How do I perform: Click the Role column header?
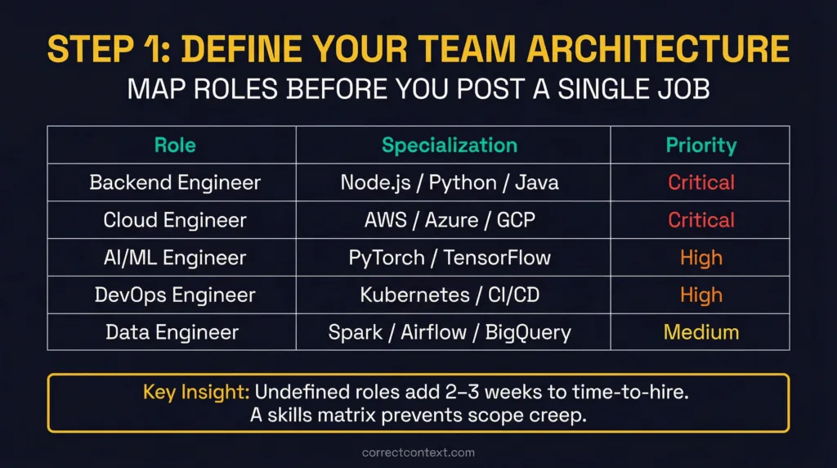pos(175,146)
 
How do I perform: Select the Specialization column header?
pos(450,146)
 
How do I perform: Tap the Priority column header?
pos(700,146)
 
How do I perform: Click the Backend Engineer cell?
pos(175,182)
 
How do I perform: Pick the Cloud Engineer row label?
pos(175,220)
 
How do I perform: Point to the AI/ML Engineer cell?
pos(175,258)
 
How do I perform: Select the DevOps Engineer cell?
pos(175,295)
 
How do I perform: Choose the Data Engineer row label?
pos(172,332)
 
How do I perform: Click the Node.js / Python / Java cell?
pos(450,182)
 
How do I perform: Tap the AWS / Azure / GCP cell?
pos(450,220)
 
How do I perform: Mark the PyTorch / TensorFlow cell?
pos(450,258)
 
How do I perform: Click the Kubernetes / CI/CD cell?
pos(450,295)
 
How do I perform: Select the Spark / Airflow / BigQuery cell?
pos(450,332)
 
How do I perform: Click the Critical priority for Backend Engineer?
pos(700,182)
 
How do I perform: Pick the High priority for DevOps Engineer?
pos(700,295)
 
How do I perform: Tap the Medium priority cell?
pos(700,332)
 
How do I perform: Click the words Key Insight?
pos(196,392)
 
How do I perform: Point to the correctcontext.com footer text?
pos(418,452)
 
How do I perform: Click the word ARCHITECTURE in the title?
pos(658,49)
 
